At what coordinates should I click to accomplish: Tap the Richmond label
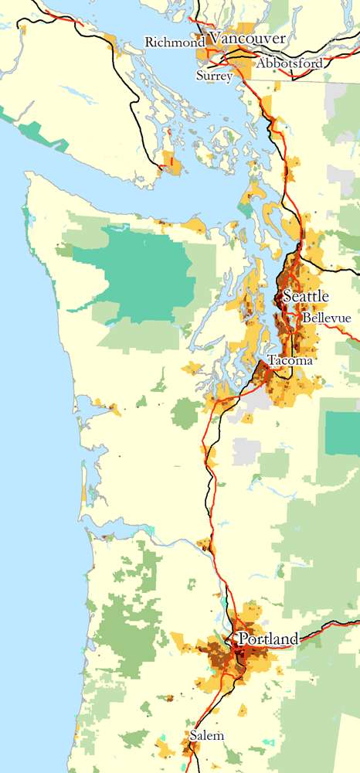pyautogui.click(x=174, y=43)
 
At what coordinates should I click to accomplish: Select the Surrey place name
pyautogui.click(x=214, y=76)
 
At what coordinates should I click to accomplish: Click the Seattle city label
pyautogui.click(x=306, y=297)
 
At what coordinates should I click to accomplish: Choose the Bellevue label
pyautogui.click(x=327, y=318)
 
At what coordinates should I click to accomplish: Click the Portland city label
pyautogui.click(x=268, y=639)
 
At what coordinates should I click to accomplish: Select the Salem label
pyautogui.click(x=209, y=736)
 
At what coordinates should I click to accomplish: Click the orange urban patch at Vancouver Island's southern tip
pyautogui.click(x=172, y=164)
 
